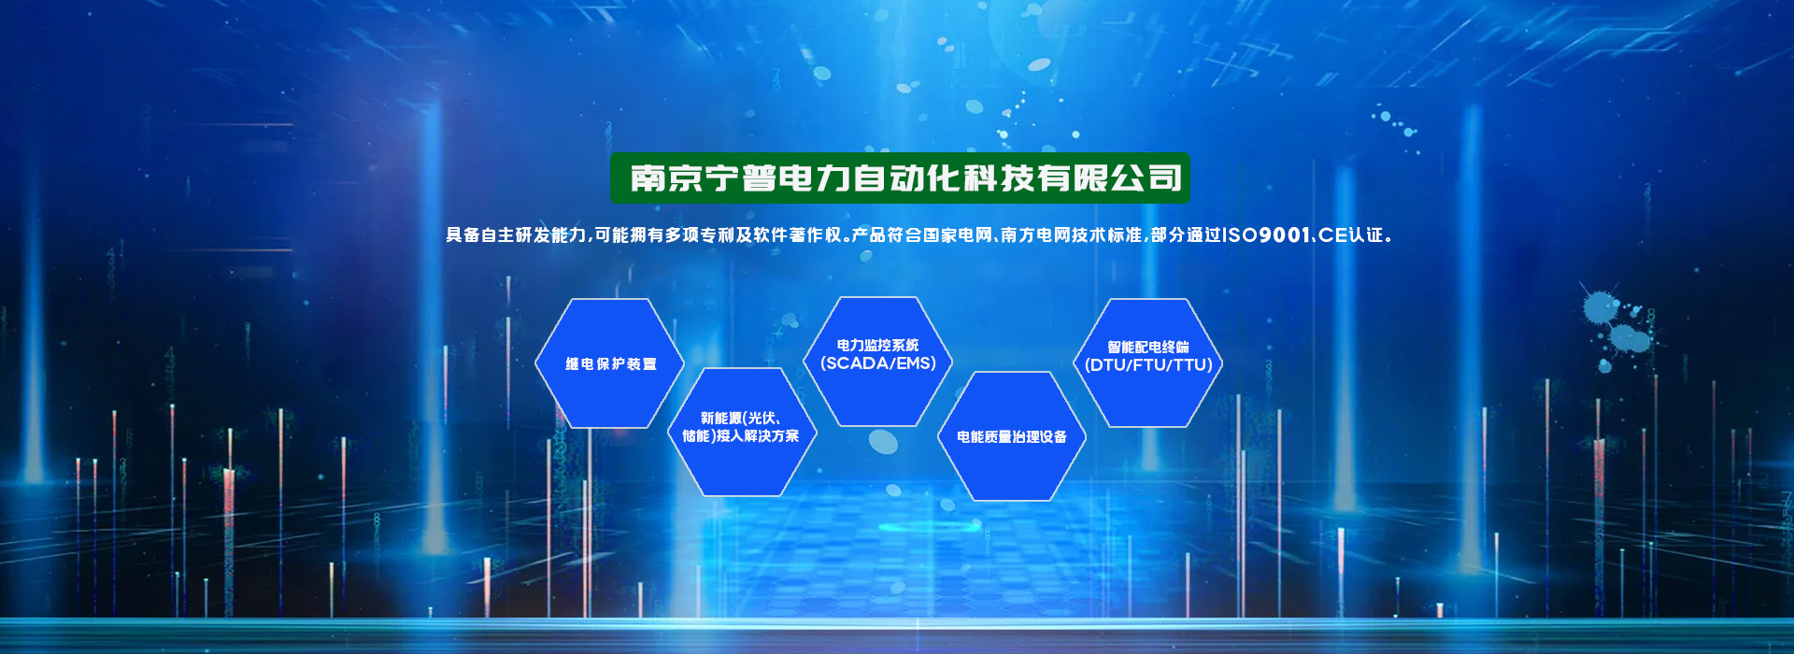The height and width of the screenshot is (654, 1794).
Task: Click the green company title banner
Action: [900, 178]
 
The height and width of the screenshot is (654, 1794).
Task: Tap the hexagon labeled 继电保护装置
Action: [609, 363]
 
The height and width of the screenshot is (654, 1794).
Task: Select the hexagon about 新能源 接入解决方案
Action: [743, 432]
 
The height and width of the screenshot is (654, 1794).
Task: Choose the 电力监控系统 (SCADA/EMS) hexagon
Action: [878, 362]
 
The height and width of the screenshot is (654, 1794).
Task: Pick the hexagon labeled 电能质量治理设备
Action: [1012, 436]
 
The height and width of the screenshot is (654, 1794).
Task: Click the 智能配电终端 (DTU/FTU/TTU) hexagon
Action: [1148, 363]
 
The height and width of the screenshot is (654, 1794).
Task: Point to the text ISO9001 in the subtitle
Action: [1266, 235]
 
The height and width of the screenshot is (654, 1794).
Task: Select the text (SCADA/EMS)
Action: [878, 363]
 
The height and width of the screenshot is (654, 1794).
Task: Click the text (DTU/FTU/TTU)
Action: [1148, 365]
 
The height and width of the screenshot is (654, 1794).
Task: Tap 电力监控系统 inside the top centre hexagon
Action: [878, 345]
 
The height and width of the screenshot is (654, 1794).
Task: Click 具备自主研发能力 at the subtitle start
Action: [516, 235]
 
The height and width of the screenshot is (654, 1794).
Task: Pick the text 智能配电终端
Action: [1148, 347]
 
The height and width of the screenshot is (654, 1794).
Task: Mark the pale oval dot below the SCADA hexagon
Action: [883, 442]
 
